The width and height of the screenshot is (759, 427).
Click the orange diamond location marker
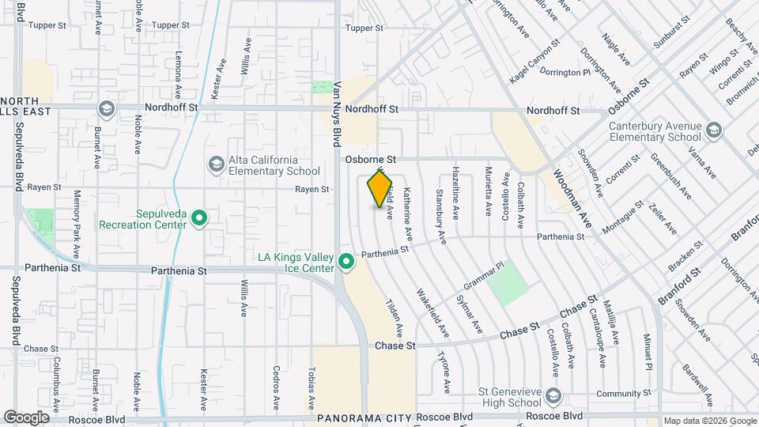[380, 188]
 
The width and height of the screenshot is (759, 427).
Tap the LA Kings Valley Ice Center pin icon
[346, 261]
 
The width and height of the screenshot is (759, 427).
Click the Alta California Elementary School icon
[215, 164]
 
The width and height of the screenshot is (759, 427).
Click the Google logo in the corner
[26, 418]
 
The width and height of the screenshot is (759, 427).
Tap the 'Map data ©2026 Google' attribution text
[708, 421]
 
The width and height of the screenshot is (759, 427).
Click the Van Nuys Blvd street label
[336, 115]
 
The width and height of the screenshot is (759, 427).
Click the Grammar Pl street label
[484, 276]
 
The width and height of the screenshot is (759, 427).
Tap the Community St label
[617, 394]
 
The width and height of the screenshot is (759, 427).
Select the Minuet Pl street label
[648, 351]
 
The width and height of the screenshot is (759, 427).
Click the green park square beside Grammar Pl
[507, 284]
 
